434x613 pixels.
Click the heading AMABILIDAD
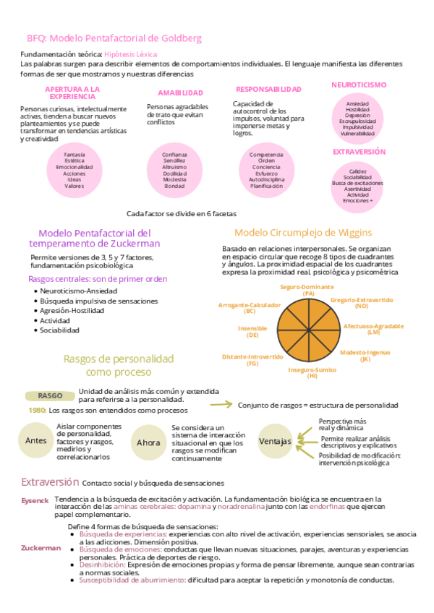180,93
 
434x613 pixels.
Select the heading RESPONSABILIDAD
268,89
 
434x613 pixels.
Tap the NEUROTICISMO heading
359,85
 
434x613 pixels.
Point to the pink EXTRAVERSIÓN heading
359,152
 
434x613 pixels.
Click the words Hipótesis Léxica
131,54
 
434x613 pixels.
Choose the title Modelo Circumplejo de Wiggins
303,233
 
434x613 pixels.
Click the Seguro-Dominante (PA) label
308,291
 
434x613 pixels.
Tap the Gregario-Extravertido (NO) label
362,302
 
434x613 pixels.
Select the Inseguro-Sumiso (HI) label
312,373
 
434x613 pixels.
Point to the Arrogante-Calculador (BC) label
250,308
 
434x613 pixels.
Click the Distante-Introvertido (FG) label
252,360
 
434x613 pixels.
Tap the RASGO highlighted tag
50,395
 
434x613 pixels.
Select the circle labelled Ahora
148,442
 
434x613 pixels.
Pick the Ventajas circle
275,441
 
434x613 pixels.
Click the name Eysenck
35,500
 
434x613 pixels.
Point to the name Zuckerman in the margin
41,548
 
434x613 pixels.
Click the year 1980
38,410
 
